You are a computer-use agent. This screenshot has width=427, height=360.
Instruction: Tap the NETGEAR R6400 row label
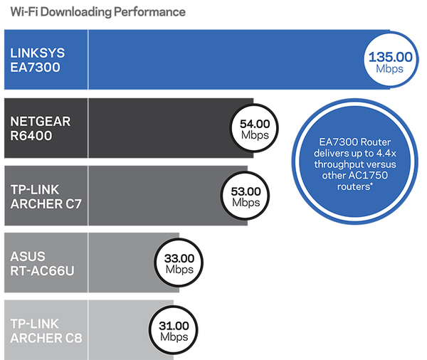coord(41,128)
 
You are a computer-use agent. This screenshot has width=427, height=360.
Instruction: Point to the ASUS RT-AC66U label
coord(41,263)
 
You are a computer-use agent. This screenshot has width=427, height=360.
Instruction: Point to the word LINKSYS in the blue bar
coord(37,53)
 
